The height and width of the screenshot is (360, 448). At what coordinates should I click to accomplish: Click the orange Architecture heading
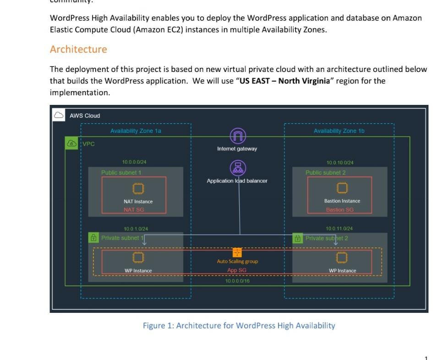click(78, 49)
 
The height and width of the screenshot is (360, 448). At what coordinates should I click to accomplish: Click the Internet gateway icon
click(237, 136)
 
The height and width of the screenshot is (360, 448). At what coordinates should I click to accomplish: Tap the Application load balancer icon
click(237, 168)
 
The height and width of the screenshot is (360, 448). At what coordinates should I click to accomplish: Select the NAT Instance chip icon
click(138, 189)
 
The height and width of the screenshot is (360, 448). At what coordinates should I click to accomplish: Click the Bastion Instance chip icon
click(341, 188)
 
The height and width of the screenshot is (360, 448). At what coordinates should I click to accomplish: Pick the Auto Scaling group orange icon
click(237, 253)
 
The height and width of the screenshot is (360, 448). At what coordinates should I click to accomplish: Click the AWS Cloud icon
click(59, 115)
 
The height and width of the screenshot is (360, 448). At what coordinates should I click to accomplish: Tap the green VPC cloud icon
click(72, 144)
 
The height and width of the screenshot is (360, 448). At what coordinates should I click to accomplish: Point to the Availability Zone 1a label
click(136, 131)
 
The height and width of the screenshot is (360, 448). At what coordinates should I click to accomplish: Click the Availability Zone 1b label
click(339, 131)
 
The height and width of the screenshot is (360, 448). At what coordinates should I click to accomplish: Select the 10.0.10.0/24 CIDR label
click(339, 163)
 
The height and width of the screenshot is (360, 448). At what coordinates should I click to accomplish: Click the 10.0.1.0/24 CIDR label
click(136, 229)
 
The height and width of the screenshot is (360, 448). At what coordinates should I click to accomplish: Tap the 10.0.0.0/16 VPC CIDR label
click(237, 281)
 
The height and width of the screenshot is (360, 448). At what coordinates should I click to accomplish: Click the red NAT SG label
click(134, 210)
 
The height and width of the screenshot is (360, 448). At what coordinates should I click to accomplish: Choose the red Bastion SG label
click(339, 210)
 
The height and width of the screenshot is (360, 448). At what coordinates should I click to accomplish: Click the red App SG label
click(237, 270)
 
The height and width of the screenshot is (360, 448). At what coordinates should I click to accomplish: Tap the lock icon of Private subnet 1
click(93, 238)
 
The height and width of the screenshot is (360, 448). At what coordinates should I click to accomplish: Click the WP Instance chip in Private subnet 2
click(341, 257)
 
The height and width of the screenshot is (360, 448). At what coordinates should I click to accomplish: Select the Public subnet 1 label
click(121, 173)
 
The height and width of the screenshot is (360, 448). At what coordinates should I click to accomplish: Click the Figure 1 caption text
click(239, 326)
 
